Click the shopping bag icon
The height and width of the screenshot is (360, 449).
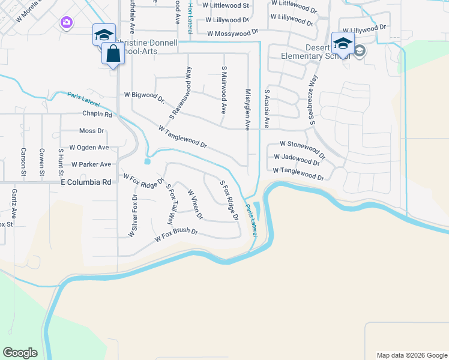coord(113,54)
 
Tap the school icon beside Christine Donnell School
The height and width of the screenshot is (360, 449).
coord(103,35)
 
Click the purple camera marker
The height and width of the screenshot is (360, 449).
coord(66,23)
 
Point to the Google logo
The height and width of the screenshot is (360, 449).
coord(20,353)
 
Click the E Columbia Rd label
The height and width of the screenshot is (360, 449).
coord(86,182)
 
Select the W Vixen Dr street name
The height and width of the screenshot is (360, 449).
coord(196,204)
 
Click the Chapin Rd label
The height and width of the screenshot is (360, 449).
coord(97,114)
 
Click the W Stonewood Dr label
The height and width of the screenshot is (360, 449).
coord(303,145)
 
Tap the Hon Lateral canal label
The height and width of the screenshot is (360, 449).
coord(190,16)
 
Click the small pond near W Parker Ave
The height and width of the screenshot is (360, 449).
coord(147,161)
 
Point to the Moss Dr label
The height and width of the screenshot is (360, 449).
coord(92,130)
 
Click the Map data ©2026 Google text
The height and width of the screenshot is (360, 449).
coord(411,355)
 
